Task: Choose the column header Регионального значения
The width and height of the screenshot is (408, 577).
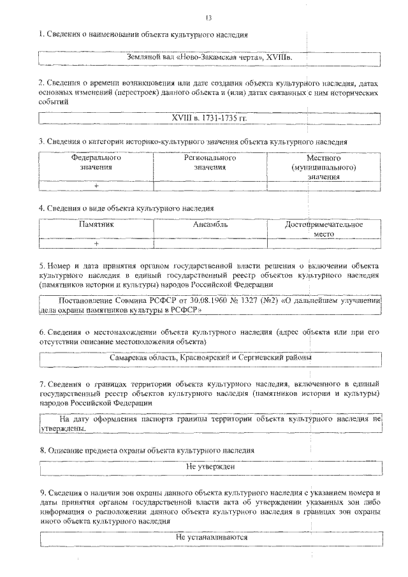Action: click(210, 163)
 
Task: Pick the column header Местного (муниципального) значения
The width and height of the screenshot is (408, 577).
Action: click(323, 167)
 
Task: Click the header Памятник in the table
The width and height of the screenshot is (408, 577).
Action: click(96, 225)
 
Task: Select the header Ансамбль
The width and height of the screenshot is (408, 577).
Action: click(210, 225)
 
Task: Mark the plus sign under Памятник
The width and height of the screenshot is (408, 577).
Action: click(96, 244)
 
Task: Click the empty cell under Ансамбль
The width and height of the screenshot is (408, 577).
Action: click(210, 244)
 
